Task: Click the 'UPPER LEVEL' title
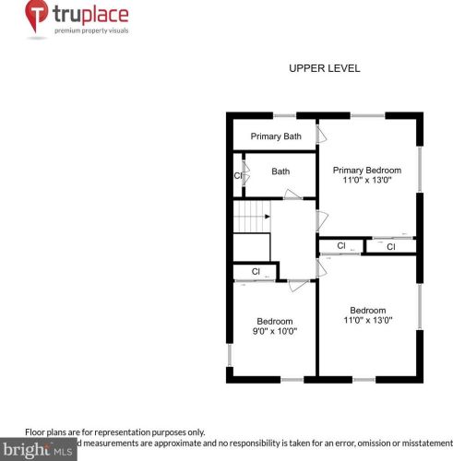tap(324, 68)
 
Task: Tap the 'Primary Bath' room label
tap(276, 136)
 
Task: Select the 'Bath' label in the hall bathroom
tap(280, 171)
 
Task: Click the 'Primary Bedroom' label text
tap(367, 170)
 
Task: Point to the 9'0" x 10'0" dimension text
tap(275, 330)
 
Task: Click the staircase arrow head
tap(268, 217)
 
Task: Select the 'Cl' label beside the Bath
tap(238, 175)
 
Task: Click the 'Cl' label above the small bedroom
tap(256, 271)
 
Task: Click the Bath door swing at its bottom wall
tap(291, 194)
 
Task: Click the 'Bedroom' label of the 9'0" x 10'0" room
tap(275, 320)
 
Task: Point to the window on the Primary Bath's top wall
tap(284, 115)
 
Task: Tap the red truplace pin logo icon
tap(38, 18)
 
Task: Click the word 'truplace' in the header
tap(90, 15)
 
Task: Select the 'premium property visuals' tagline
tap(90, 31)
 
